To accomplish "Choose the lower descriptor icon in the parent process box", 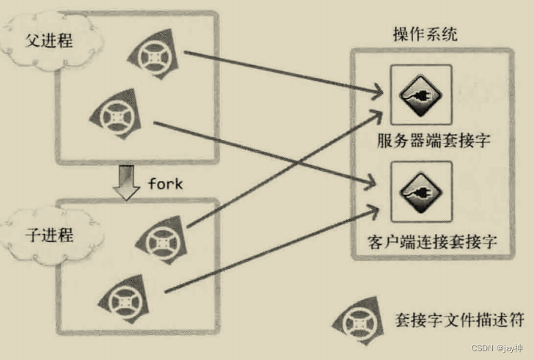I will pos(117,115).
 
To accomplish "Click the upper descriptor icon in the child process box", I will pos(159,239).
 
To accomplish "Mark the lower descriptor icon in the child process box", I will pos(118,299).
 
